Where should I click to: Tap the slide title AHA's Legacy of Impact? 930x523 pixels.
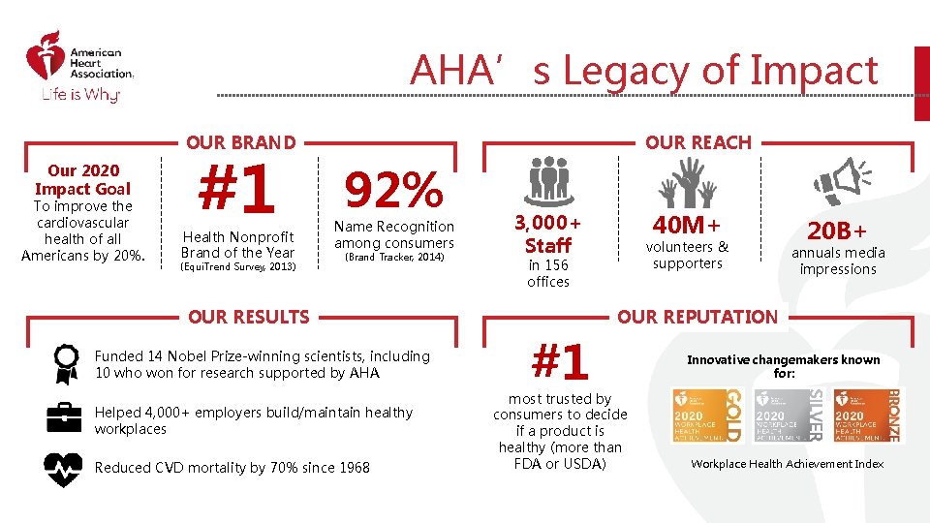643,71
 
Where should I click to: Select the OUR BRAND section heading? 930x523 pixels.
241,142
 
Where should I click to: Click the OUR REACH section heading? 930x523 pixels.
697,142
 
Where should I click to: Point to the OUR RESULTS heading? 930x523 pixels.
249,317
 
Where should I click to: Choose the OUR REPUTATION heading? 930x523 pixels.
697,317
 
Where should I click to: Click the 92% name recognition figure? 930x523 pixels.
393,191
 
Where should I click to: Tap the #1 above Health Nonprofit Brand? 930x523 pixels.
237,191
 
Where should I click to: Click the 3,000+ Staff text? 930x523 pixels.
548,233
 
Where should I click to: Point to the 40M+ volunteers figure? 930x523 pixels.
687,226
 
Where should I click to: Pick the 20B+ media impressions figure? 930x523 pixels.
838,230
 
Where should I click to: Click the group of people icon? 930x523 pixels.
548,181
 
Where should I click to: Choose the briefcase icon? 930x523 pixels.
65,416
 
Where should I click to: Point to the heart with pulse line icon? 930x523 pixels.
65,468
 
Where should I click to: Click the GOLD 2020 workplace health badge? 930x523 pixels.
706,415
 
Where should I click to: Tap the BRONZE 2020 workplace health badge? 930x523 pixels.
865,415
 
